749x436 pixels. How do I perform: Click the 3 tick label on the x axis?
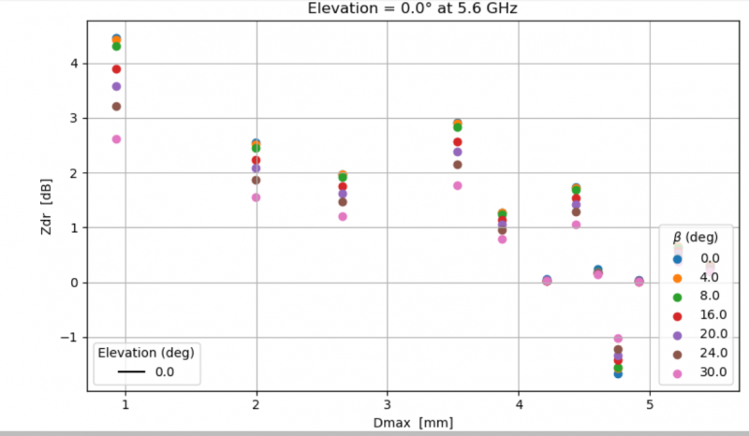388,409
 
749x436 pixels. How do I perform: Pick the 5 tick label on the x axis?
649,409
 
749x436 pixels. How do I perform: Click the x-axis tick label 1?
125,409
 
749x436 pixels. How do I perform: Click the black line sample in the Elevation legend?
130,371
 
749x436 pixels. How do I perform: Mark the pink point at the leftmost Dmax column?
116,139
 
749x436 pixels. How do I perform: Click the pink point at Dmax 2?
256,197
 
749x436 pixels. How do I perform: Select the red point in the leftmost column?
116,69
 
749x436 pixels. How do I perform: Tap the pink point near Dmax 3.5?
457,185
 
